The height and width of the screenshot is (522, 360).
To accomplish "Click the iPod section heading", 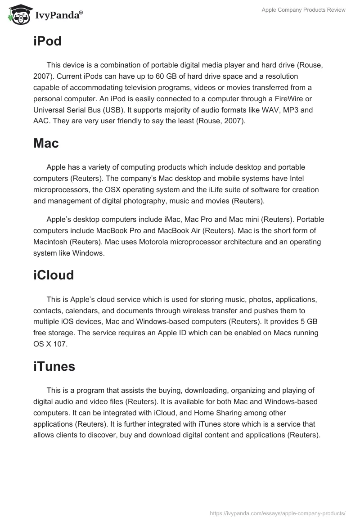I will (x=47, y=41).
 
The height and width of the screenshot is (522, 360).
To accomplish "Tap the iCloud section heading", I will (x=54, y=275).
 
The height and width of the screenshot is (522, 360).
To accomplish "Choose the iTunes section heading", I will (x=54, y=367).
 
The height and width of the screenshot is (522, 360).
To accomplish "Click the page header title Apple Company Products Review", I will (x=303, y=10).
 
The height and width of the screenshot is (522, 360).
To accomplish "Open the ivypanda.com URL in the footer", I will (x=278, y=513).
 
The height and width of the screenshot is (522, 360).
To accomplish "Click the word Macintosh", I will (x=51, y=242).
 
